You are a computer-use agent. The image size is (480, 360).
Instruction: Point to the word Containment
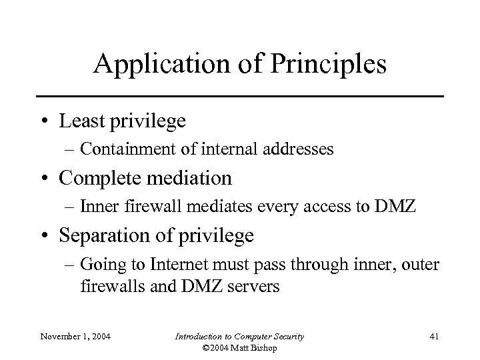(x=123, y=149)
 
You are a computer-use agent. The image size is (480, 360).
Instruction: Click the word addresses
(x=299, y=149)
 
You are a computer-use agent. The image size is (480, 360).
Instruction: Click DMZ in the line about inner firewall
(x=397, y=207)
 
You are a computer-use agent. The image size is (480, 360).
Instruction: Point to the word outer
(x=423, y=264)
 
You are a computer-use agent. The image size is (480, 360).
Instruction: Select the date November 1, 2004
(x=75, y=336)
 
